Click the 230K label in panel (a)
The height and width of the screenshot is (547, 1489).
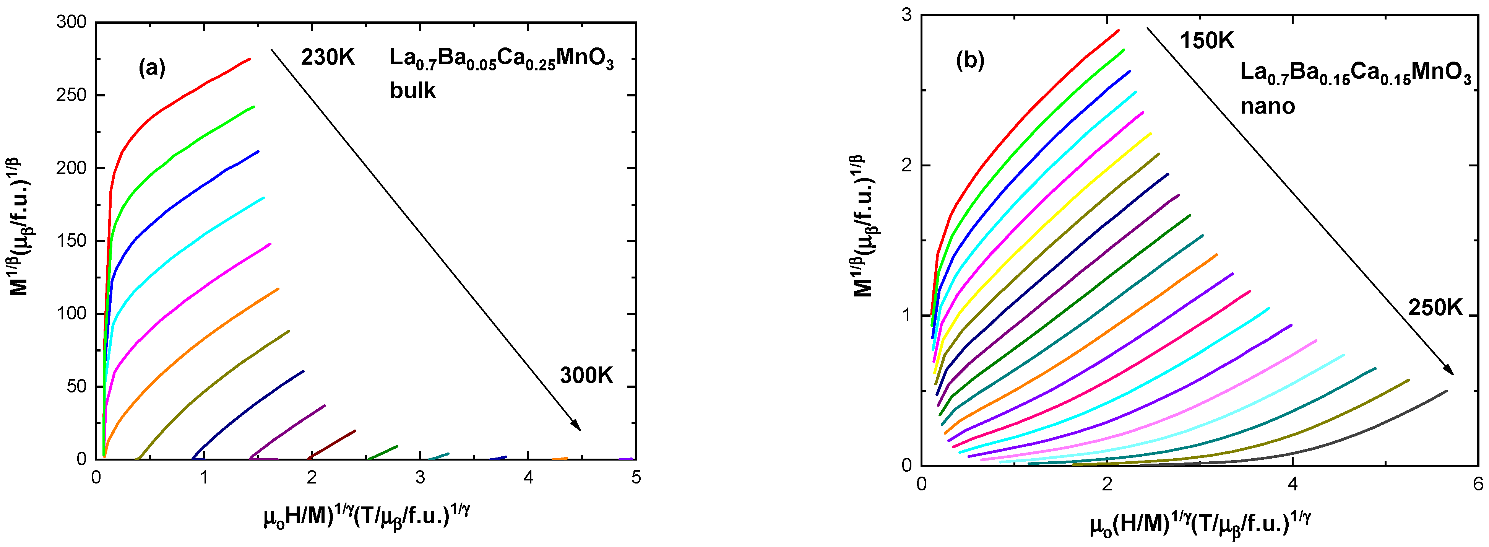[x=327, y=59]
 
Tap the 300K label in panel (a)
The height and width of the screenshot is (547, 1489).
[x=586, y=376]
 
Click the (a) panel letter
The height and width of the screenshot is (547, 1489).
[x=151, y=68]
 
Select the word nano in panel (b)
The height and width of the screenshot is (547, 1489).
[x=1267, y=106]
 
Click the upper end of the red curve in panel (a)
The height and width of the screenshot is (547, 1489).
[x=250, y=59]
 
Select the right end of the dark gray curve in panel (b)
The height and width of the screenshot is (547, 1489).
[x=1446, y=391]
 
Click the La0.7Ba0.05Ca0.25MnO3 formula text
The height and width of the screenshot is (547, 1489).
[x=501, y=60]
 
